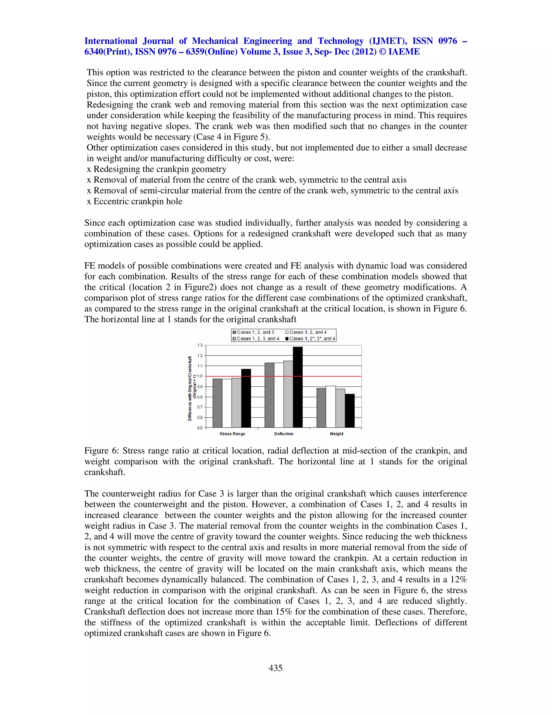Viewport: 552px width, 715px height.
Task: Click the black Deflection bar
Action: (298, 387)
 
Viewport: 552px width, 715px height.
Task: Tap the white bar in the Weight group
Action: (331, 407)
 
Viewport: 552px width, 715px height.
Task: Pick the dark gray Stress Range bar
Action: (218, 403)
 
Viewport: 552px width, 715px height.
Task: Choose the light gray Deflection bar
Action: (288, 394)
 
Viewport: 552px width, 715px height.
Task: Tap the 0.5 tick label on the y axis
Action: (200, 428)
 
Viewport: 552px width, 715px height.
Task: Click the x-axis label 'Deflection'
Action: (284, 434)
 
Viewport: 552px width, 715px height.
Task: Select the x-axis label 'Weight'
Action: (336, 434)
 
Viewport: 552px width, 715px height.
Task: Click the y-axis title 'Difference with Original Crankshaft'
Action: (190, 388)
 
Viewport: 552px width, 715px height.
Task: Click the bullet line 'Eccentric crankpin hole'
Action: (138, 201)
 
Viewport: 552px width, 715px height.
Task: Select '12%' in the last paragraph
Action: (458, 580)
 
